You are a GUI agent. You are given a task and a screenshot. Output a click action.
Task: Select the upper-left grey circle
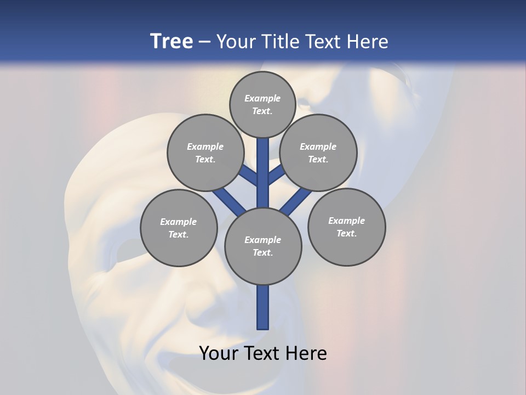[205, 153]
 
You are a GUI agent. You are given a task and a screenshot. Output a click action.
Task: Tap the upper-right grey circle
[318, 153]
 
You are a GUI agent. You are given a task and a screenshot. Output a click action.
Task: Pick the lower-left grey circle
[179, 228]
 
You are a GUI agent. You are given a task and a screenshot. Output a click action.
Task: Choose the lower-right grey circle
[346, 227]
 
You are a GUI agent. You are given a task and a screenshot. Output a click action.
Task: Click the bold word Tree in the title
[171, 41]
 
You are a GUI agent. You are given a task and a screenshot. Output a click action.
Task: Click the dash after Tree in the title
[204, 42]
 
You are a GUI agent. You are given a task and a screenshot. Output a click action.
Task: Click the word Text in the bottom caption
[262, 353]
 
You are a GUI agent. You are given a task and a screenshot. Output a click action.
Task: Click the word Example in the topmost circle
[262, 98]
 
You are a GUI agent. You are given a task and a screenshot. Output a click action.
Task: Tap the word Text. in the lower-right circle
[346, 233]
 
